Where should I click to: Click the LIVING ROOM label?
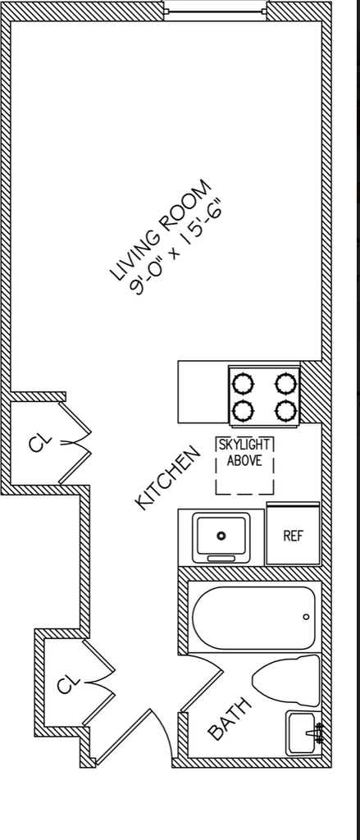162,231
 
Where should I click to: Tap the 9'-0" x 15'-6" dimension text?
176,247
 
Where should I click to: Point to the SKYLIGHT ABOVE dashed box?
245,465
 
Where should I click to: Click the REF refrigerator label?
293,536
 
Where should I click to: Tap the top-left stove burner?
243,384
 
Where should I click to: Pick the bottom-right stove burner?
286,411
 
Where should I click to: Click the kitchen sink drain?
221,535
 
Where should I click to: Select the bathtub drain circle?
306,617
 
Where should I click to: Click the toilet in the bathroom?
287,680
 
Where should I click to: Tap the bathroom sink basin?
303,733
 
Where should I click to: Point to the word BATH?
229,719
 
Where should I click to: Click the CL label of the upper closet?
41,443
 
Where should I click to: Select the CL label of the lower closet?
69,683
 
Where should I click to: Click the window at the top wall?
216,11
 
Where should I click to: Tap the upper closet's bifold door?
75,443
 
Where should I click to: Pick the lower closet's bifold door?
99,682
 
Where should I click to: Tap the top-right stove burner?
286,384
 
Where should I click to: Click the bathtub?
253,618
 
